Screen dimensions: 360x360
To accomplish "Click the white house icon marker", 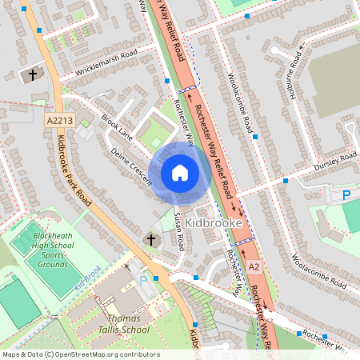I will click(x=180, y=173).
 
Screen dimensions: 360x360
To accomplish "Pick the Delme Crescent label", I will click(x=131, y=165).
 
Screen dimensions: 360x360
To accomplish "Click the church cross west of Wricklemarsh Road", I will click(x=33, y=75).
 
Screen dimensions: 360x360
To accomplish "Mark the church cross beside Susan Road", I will click(x=150, y=239).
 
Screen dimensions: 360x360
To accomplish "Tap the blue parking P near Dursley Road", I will click(x=346, y=194).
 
